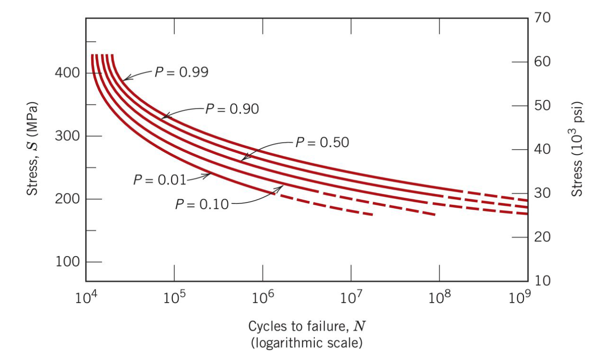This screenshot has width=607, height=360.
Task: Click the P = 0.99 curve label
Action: point(181,72)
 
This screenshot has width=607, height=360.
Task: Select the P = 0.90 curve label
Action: point(232,109)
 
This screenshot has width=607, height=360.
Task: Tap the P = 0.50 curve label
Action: point(322,142)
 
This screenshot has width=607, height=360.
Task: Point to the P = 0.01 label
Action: point(160,180)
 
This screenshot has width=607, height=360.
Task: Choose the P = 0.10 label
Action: point(202,205)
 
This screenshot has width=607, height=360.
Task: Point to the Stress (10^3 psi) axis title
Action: point(578,148)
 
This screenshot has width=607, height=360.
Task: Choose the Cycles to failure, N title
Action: point(304,326)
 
